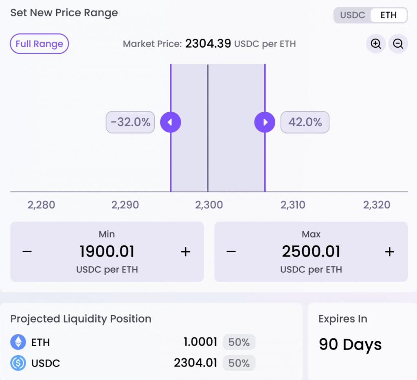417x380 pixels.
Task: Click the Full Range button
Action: pyautogui.click(x=39, y=44)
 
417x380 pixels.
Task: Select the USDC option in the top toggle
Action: pyautogui.click(x=352, y=15)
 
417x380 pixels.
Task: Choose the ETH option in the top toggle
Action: pyautogui.click(x=388, y=15)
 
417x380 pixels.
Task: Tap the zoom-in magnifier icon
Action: pyautogui.click(x=375, y=44)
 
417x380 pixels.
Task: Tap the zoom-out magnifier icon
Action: pyautogui.click(x=398, y=44)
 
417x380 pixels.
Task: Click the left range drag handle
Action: pyautogui.click(x=170, y=122)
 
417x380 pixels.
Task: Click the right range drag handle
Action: pyautogui.click(x=265, y=122)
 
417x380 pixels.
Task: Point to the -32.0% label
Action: pyautogui.click(x=130, y=122)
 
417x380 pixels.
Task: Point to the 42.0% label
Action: pyautogui.click(x=305, y=122)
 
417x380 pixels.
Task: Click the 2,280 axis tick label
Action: pyautogui.click(x=41, y=204)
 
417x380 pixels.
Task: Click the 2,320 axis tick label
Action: pyautogui.click(x=377, y=204)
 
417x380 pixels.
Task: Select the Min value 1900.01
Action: pyautogui.click(x=107, y=252)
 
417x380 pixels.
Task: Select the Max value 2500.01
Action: pyautogui.click(x=311, y=252)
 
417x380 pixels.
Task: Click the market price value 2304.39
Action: pyautogui.click(x=208, y=43)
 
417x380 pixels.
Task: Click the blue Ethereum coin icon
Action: pyautogui.click(x=18, y=342)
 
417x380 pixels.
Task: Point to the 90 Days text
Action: pyautogui.click(x=350, y=345)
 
